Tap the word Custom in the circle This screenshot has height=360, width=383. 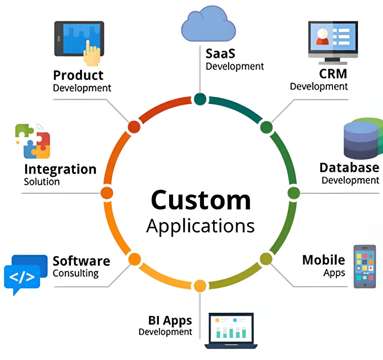click(x=201, y=200)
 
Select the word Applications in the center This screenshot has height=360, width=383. click(x=200, y=225)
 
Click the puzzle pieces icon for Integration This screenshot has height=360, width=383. click(x=33, y=141)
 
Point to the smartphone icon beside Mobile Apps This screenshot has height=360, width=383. click(x=365, y=266)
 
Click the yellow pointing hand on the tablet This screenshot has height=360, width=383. click(x=91, y=54)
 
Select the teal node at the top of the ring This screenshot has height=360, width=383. click(x=200, y=99)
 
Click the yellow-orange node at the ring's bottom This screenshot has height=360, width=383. click(x=200, y=285)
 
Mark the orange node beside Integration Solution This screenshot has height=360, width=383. click(x=107, y=193)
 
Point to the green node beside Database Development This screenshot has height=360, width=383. click(x=294, y=193)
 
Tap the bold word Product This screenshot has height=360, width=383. click(x=78, y=75)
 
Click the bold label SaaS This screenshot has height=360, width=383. click(x=220, y=54)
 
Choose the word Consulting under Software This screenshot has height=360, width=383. click(x=76, y=273)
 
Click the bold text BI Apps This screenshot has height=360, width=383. click(x=170, y=320)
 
